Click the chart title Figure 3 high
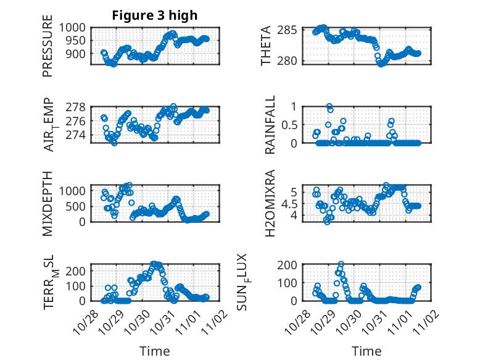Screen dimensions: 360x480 click(154, 15)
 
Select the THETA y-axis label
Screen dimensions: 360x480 click(266, 46)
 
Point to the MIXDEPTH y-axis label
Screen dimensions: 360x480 click(48, 203)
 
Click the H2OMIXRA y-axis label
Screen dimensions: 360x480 click(270, 204)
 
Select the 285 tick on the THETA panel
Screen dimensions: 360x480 click(291, 30)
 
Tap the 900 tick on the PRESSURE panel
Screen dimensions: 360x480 click(78, 54)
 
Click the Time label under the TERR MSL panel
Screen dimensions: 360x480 click(155, 351)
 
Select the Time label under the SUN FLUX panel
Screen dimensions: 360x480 click(366, 351)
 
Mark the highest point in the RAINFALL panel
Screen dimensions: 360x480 click(329, 106)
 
